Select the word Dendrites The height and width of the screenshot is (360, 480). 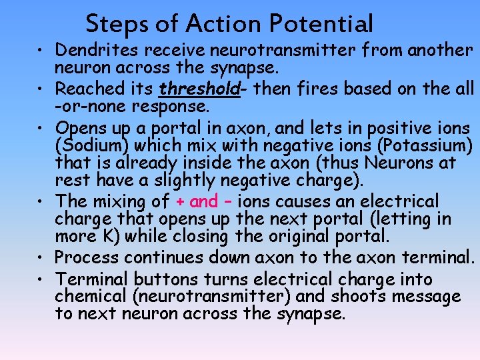point(97,50)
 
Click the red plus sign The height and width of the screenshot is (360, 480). point(180,201)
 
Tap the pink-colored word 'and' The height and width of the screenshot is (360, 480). point(203,201)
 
